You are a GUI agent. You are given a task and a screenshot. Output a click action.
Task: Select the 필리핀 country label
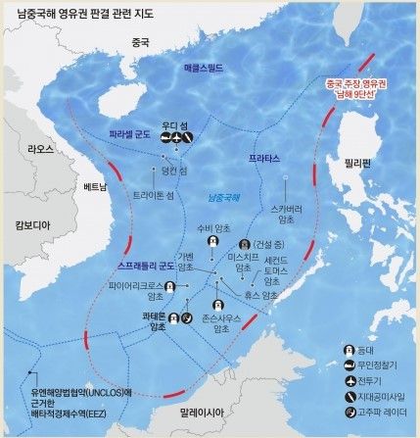350,164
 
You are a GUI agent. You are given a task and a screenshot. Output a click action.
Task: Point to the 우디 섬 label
174,124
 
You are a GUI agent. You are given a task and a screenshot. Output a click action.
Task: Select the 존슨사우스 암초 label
221,321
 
